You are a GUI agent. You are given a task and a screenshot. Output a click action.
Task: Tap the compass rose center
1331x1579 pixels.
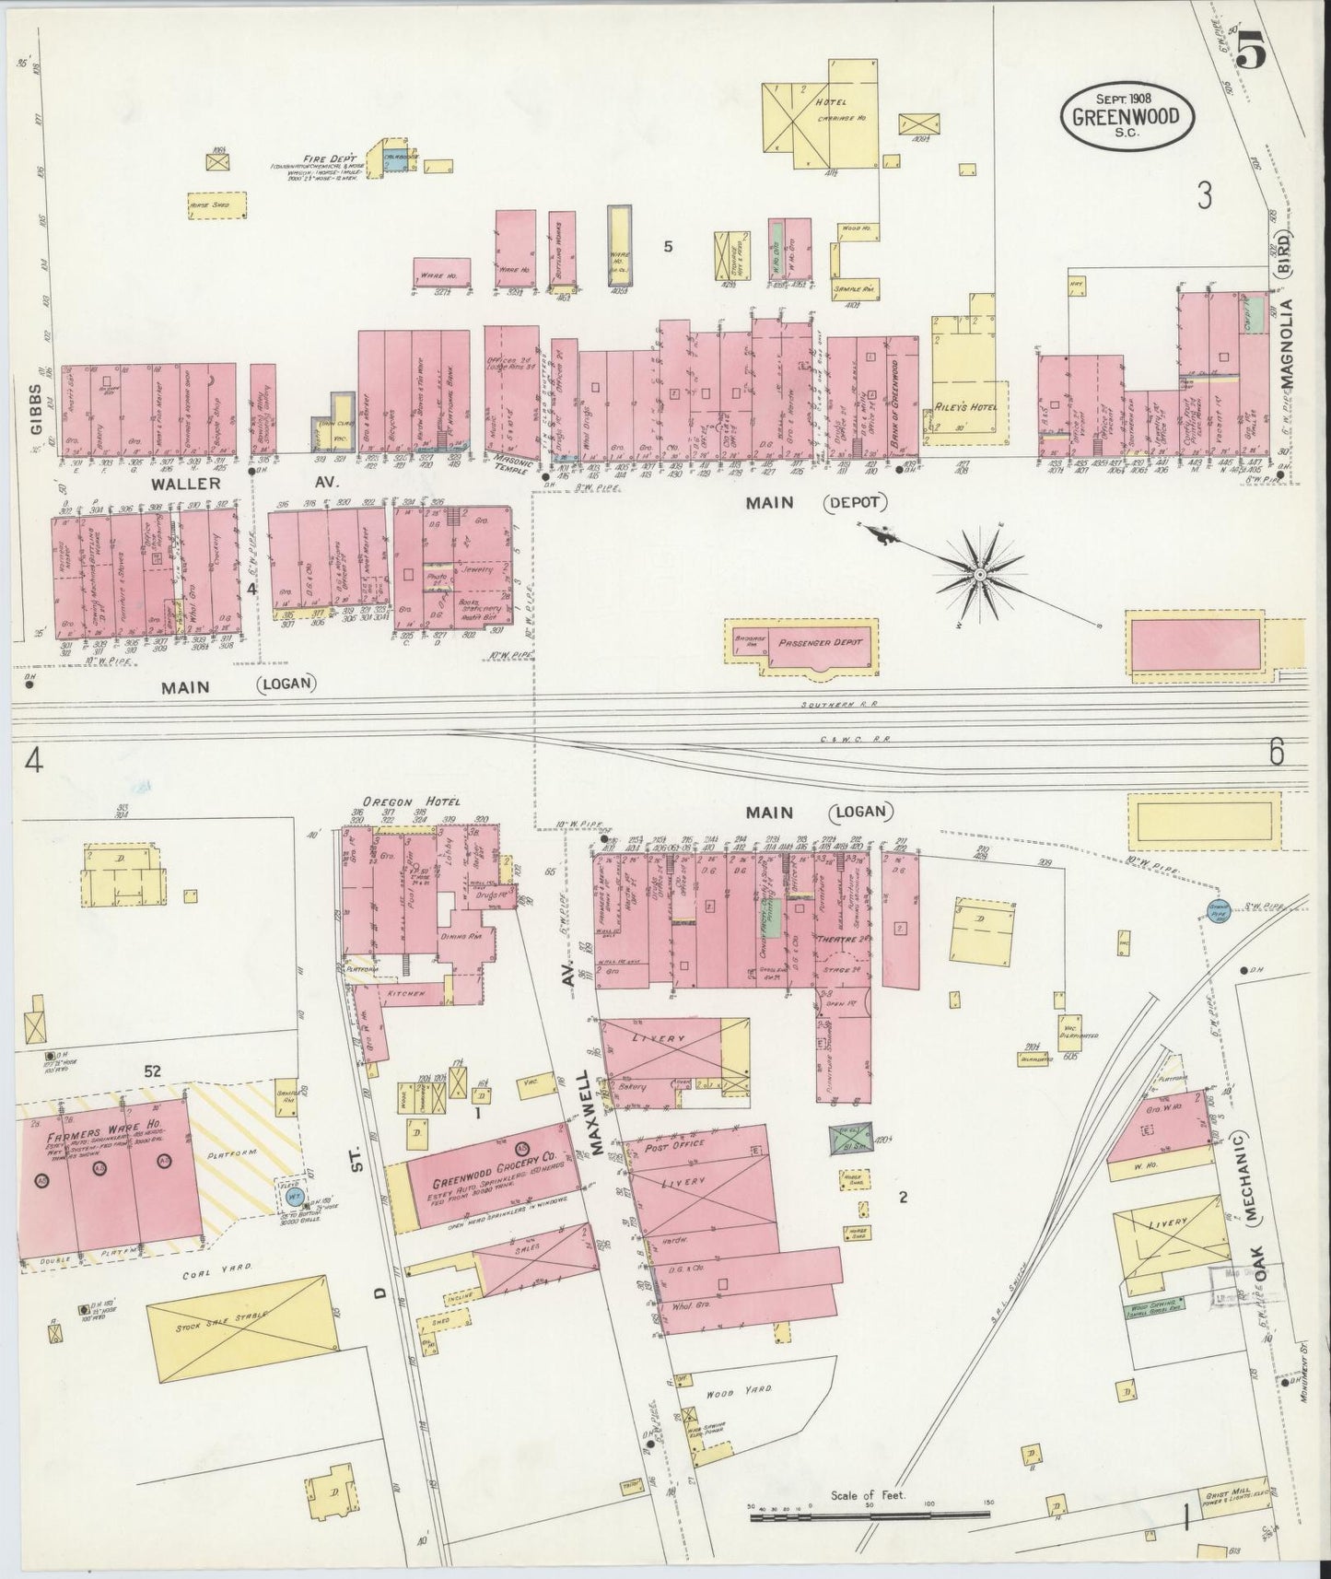[x=982, y=574]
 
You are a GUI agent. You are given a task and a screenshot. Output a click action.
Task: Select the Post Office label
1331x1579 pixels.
[x=675, y=1144]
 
